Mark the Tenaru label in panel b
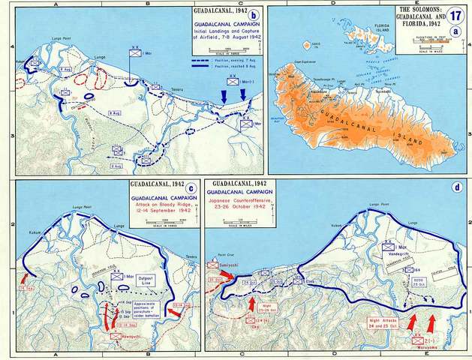coord(178,87)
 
